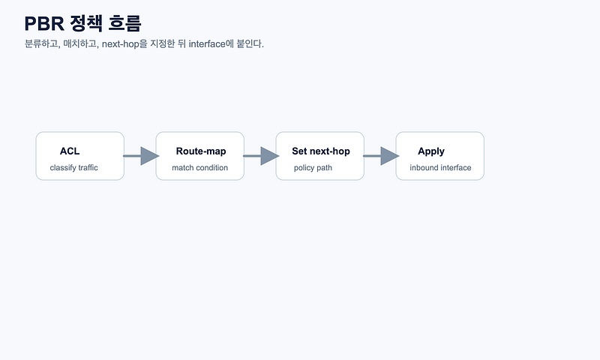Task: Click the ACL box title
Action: (70, 151)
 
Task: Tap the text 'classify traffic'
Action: (73, 167)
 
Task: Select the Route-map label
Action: (201, 151)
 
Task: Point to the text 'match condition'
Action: (199, 167)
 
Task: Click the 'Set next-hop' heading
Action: (321, 151)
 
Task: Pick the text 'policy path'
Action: (313, 167)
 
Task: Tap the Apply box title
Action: (430, 151)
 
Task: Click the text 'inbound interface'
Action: (440, 167)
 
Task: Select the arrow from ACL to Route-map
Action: (141, 156)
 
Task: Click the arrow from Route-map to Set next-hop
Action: (261, 156)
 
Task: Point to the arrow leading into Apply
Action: (381, 156)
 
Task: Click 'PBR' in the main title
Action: (44, 24)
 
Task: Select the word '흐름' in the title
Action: (124, 23)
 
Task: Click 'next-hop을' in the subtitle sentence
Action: (124, 44)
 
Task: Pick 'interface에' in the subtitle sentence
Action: (211, 44)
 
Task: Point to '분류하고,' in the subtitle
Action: (43, 44)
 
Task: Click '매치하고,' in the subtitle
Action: (81, 44)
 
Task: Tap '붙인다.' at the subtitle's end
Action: (250, 44)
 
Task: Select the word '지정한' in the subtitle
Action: (162, 44)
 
